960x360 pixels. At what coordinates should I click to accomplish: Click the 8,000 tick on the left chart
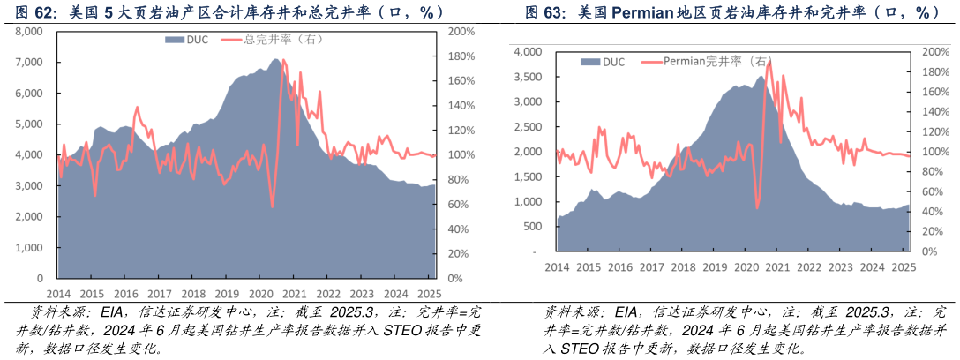click(30, 31)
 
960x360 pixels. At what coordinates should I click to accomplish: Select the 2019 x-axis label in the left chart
click(227, 294)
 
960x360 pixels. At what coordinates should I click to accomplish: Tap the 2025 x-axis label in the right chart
click(903, 266)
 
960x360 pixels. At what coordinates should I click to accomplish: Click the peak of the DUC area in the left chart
click(276, 59)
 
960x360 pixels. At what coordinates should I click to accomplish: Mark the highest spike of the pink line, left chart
click(283, 60)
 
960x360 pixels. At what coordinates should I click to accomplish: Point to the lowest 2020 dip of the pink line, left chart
click(272, 206)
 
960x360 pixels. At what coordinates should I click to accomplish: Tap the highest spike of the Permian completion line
click(769, 61)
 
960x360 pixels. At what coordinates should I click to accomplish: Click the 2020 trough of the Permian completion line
click(758, 209)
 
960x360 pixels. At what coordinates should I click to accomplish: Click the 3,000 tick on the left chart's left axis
click(30, 186)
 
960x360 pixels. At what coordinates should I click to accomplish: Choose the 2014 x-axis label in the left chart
click(58, 294)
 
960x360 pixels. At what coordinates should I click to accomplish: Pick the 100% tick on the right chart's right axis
click(934, 152)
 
